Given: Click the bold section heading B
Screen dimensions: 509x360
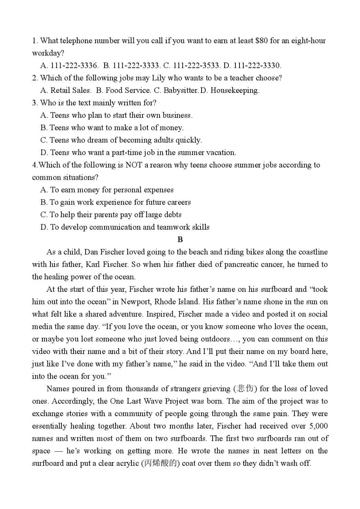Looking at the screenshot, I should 180,240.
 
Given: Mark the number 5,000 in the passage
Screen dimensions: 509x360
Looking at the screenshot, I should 318,426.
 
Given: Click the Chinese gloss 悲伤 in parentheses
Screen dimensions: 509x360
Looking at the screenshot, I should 245,389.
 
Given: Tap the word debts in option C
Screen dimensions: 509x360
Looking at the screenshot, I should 172,215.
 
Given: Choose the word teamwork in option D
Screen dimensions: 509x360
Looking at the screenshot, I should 173,227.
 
